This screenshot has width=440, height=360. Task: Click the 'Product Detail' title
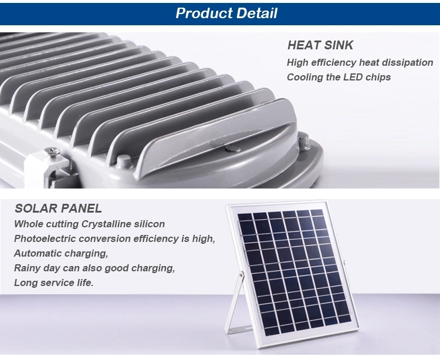pos(226,13)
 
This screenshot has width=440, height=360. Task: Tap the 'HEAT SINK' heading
pos(320,45)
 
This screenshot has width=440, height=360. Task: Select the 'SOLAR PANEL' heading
pos(58,208)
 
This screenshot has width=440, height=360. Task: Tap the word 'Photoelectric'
pos(45,238)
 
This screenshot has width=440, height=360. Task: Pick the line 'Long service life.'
pos(53,282)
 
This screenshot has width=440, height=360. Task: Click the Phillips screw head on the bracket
pos(52,151)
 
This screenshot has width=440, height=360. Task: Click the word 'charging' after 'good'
pos(153,268)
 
